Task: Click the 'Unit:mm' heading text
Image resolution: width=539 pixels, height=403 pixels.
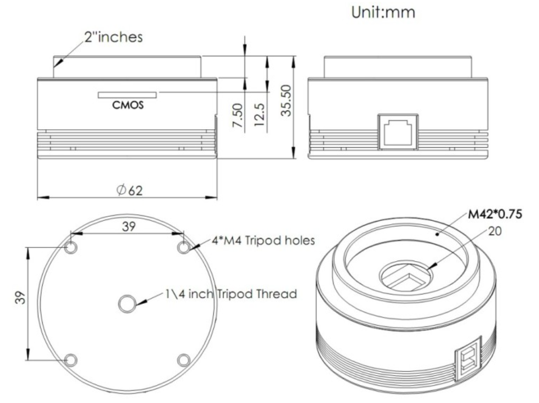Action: [383, 12]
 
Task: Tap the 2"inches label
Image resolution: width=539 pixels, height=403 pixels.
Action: [114, 37]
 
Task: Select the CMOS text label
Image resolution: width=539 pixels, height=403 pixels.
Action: [128, 104]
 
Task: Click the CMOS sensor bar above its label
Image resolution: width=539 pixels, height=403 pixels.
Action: [127, 95]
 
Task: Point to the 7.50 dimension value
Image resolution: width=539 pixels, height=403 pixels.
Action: [238, 116]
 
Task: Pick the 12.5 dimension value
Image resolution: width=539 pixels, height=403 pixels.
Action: [260, 115]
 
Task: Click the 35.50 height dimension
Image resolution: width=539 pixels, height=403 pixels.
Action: [286, 101]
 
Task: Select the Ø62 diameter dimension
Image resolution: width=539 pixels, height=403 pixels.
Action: [129, 190]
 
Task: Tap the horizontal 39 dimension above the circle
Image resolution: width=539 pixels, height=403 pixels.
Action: [129, 226]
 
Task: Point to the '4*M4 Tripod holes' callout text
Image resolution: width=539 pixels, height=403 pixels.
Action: [263, 240]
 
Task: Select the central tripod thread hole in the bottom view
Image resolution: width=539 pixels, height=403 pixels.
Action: [127, 303]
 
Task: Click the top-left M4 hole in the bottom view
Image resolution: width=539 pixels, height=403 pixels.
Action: [71, 247]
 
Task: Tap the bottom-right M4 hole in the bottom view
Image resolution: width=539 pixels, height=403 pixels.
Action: [184, 360]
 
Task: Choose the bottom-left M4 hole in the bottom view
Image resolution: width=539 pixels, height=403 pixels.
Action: [71, 360]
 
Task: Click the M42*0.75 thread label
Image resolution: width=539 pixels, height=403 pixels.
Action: [495, 214]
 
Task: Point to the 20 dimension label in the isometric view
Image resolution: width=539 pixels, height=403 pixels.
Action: [495, 231]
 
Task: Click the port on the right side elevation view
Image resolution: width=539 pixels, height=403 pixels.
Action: [398, 131]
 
